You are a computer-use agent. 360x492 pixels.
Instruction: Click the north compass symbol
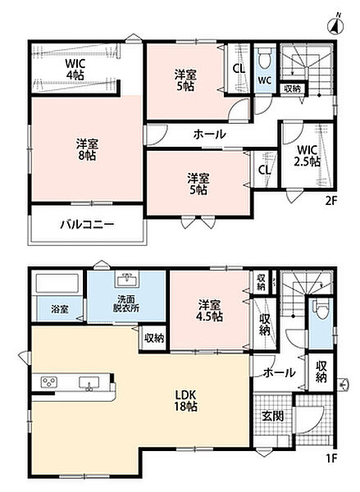point(336,25)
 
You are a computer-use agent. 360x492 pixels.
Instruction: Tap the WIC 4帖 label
point(75,69)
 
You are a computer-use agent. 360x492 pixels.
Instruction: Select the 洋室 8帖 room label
point(87,150)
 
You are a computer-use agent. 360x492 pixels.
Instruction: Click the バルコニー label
point(87,224)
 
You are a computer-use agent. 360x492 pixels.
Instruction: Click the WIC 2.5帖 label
point(307,155)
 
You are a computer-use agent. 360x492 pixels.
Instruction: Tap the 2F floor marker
point(330,201)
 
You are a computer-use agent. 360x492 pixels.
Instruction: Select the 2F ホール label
point(209,134)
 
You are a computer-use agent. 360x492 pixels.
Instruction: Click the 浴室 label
point(60,309)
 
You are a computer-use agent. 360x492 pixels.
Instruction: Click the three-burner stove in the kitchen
point(49,382)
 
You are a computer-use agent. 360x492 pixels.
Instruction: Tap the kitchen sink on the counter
point(89,383)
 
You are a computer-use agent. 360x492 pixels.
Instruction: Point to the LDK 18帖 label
point(186,400)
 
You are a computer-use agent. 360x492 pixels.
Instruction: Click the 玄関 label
point(273,416)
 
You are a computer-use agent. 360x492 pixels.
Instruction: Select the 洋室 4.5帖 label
point(210,311)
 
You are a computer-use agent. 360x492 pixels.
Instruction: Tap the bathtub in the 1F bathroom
point(57,285)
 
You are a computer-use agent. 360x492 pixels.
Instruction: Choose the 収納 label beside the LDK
point(154,338)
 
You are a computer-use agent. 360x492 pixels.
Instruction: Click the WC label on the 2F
point(265,80)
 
